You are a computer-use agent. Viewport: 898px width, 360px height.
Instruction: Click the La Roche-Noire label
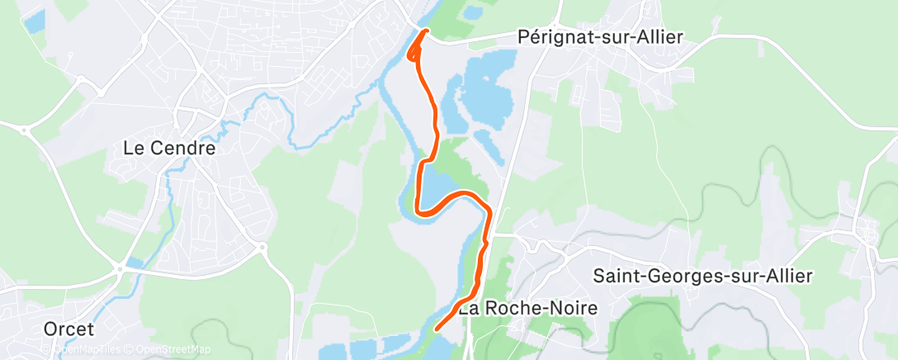point(527,309)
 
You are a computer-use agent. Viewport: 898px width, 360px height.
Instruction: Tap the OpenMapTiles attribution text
point(87,349)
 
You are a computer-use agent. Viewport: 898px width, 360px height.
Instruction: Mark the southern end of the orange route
point(435,329)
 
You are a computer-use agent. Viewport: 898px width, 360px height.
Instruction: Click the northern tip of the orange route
point(426,31)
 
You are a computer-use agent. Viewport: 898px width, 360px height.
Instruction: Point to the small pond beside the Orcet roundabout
point(135,262)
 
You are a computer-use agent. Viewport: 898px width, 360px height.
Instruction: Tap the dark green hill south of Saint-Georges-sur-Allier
point(652,322)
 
